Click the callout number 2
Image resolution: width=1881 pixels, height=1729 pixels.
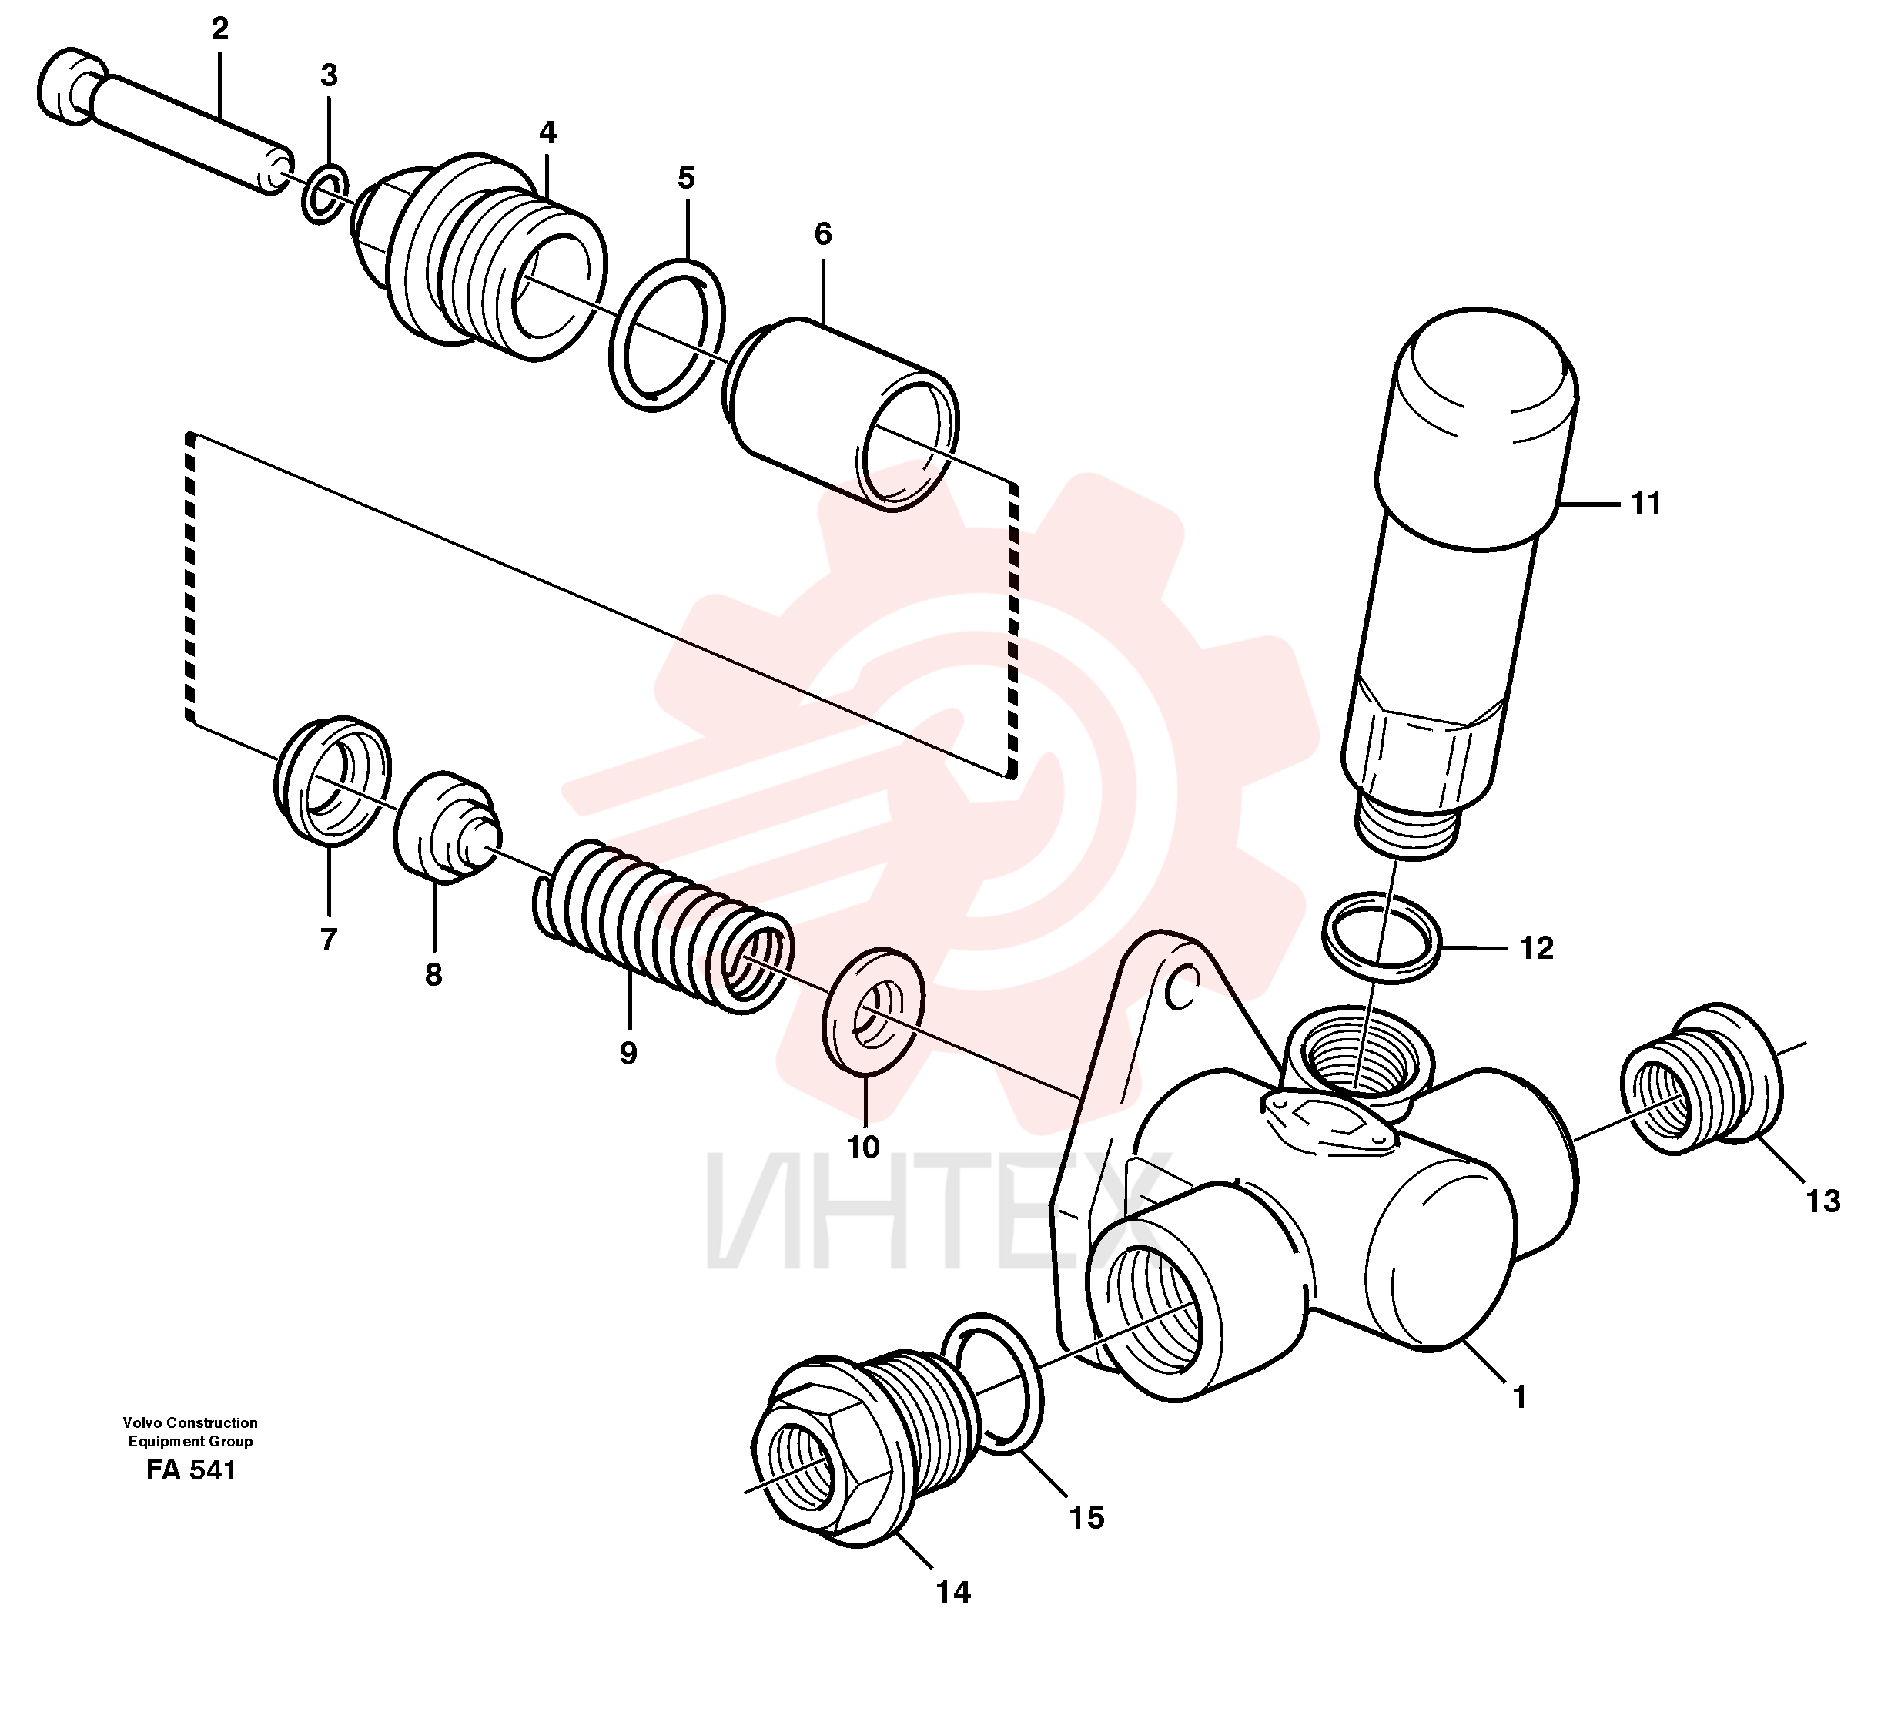[x=219, y=30]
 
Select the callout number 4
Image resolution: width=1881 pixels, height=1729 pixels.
[x=547, y=133]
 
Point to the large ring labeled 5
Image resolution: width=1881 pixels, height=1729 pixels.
[x=666, y=335]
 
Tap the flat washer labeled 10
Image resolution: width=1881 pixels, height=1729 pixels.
[x=872, y=1011]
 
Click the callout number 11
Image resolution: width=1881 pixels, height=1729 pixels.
[x=1645, y=504]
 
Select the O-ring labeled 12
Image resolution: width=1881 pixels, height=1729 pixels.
[x=1381, y=937]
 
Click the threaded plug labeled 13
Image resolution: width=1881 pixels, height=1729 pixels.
[x=1701, y=1080]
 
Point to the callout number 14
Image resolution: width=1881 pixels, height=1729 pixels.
[x=953, y=1593]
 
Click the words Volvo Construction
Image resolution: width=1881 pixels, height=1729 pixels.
[x=190, y=1423]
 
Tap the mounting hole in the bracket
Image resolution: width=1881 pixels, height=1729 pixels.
[x=1183, y=987]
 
